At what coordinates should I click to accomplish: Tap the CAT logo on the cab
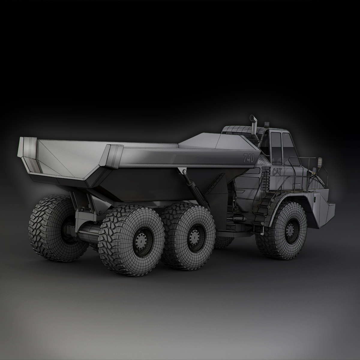[277, 172]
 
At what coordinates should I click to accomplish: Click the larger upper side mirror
[320, 163]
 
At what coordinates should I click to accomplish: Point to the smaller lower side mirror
[314, 171]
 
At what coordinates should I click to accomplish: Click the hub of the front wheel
[290, 230]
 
